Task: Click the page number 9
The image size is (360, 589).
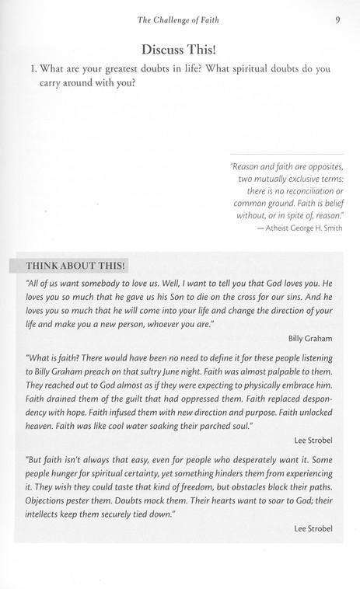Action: click(338, 20)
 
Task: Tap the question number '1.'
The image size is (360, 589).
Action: click(33, 69)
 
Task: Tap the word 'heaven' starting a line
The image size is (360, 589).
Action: click(40, 428)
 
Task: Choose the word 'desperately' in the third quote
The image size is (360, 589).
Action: click(236, 473)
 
